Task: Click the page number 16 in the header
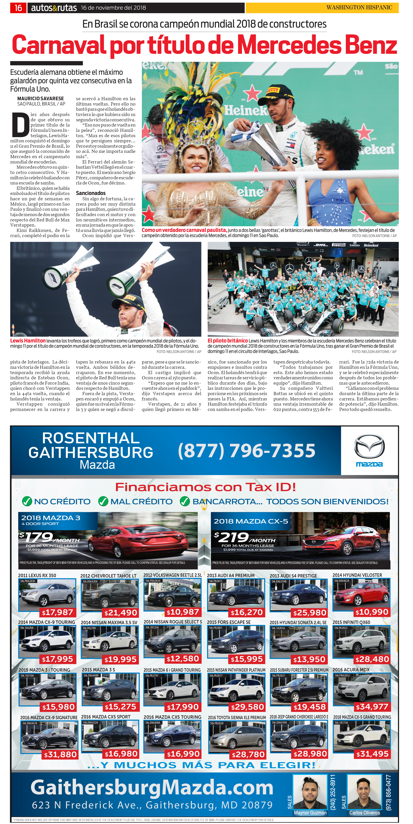coord(18,8)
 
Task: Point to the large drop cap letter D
coord(20,124)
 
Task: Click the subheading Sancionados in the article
coord(91,193)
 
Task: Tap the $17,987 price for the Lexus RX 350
coord(58,612)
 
